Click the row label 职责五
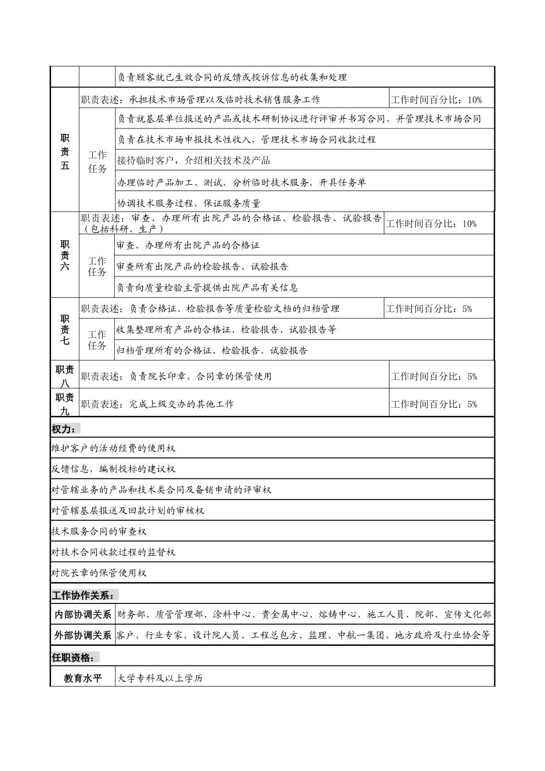[x=65, y=152]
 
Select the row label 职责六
[x=65, y=255]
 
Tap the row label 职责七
[x=65, y=330]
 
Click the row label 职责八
[x=65, y=376]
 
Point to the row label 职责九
[x=65, y=404]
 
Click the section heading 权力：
[x=66, y=429]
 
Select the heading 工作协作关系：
[x=85, y=594]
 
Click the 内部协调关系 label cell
[x=83, y=614]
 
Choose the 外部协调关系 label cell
[x=83, y=635]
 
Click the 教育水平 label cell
[x=83, y=678]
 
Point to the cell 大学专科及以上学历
[x=160, y=678]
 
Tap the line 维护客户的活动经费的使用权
[x=114, y=448]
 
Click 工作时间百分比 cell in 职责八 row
[x=434, y=376]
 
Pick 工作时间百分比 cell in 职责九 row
[x=434, y=404]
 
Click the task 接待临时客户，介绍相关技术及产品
[x=193, y=161]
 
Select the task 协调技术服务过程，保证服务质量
[x=189, y=203]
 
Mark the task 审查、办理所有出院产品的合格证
[x=188, y=246]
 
